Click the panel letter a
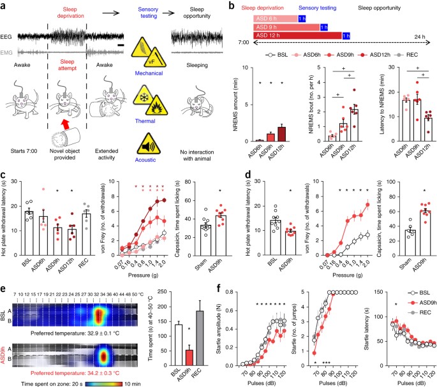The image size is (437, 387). (5, 6)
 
